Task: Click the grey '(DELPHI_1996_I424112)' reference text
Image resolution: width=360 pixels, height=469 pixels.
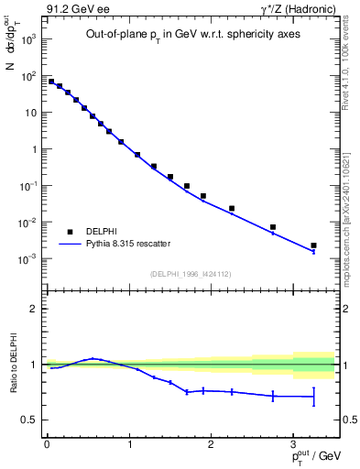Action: (191, 273)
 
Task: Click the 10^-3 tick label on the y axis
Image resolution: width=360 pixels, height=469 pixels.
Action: (27, 259)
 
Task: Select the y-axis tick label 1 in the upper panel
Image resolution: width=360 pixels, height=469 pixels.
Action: (34, 149)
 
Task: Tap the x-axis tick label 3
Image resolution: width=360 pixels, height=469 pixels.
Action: (293, 444)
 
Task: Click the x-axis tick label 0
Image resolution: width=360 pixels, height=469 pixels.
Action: (47, 444)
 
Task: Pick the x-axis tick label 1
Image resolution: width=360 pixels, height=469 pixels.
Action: (129, 444)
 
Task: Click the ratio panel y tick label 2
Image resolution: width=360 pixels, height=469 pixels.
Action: (34, 310)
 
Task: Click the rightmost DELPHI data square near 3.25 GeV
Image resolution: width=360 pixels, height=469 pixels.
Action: (313, 245)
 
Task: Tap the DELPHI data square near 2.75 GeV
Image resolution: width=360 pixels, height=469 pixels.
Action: (272, 227)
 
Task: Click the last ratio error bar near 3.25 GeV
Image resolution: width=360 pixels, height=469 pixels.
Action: (313, 396)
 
